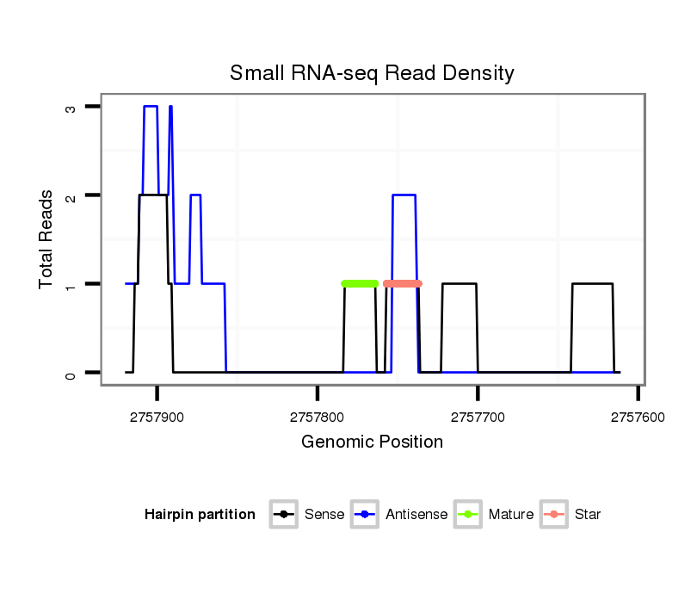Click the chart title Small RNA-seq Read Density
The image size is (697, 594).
pyautogui.click(x=372, y=73)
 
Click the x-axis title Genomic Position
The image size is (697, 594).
pyautogui.click(x=372, y=442)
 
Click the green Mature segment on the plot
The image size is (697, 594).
pyautogui.click(x=360, y=283)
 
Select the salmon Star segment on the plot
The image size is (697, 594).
pyautogui.click(x=403, y=283)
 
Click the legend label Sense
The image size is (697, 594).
pyautogui.click(x=324, y=515)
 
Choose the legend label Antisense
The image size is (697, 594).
pyautogui.click(x=416, y=515)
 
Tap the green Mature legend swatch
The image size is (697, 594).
pyautogui.click(x=470, y=515)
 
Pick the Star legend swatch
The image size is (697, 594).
pyautogui.click(x=555, y=515)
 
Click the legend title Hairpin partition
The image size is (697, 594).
pyautogui.click(x=200, y=515)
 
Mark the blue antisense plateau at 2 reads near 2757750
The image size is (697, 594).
pyautogui.click(x=404, y=195)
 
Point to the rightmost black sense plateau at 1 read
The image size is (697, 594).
pyautogui.click(x=592, y=284)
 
